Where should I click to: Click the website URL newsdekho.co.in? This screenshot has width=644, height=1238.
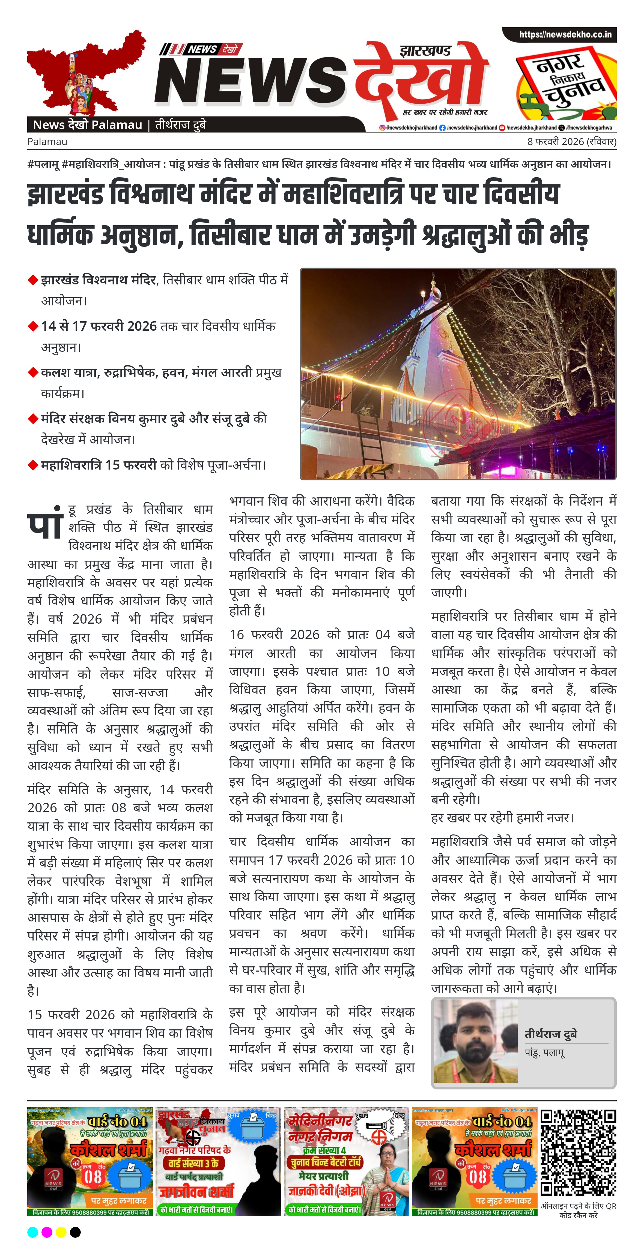point(565,35)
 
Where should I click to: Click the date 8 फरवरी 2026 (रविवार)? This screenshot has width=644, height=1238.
point(571,142)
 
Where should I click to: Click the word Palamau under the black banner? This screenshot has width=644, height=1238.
point(47,142)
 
